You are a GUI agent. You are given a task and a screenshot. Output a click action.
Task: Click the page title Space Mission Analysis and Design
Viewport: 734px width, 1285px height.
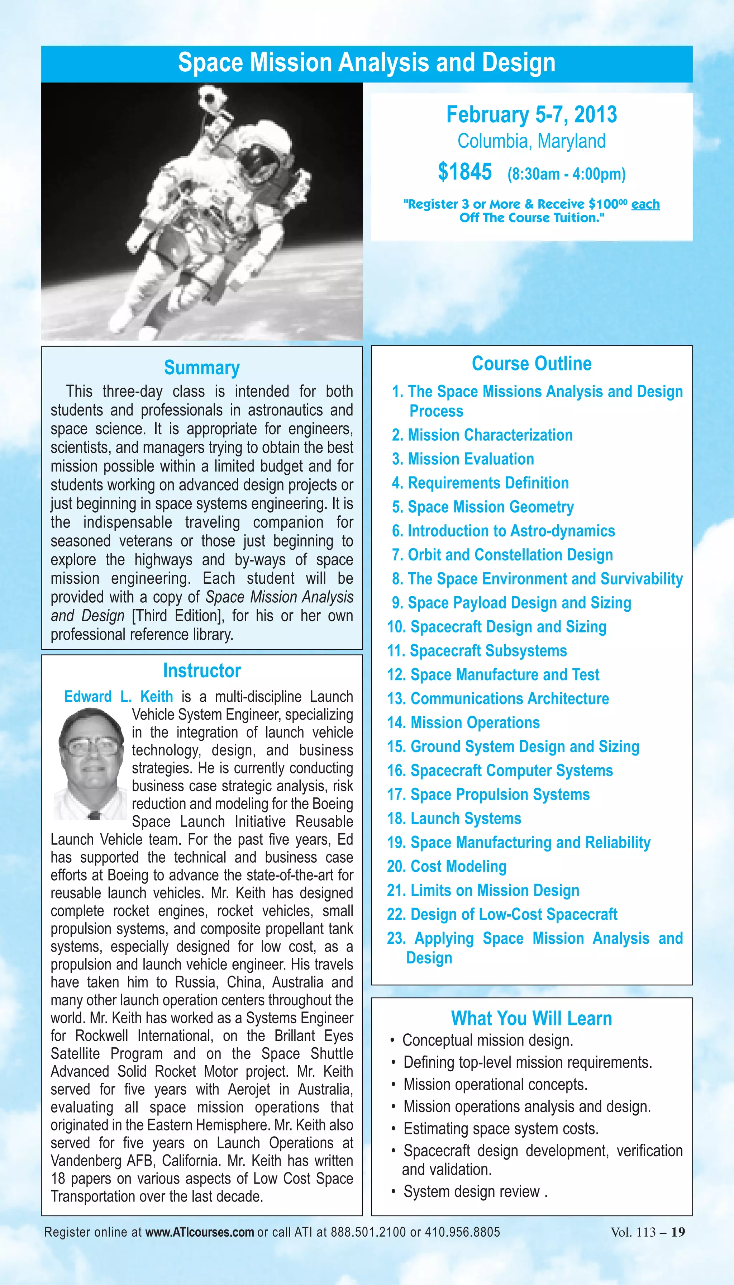367,63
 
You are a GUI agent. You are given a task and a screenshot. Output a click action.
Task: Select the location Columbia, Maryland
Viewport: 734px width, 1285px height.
532,141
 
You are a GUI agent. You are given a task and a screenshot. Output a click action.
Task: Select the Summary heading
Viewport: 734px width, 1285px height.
202,368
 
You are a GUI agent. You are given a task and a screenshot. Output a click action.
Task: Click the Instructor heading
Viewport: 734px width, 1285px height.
202,671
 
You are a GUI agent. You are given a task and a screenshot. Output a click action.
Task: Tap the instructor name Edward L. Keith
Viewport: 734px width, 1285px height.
119,697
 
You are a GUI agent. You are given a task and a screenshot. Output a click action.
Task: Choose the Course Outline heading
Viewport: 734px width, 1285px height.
532,364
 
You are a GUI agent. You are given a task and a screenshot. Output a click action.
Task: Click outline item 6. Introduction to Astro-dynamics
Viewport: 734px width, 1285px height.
504,531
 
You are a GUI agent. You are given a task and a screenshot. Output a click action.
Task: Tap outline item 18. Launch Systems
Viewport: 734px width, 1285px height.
454,819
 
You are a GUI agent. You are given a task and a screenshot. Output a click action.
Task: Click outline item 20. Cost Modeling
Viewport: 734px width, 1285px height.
447,867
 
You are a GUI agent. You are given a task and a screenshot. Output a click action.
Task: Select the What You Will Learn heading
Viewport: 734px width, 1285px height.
532,1018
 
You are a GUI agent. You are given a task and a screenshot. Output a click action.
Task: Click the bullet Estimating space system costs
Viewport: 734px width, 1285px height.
501,1129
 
